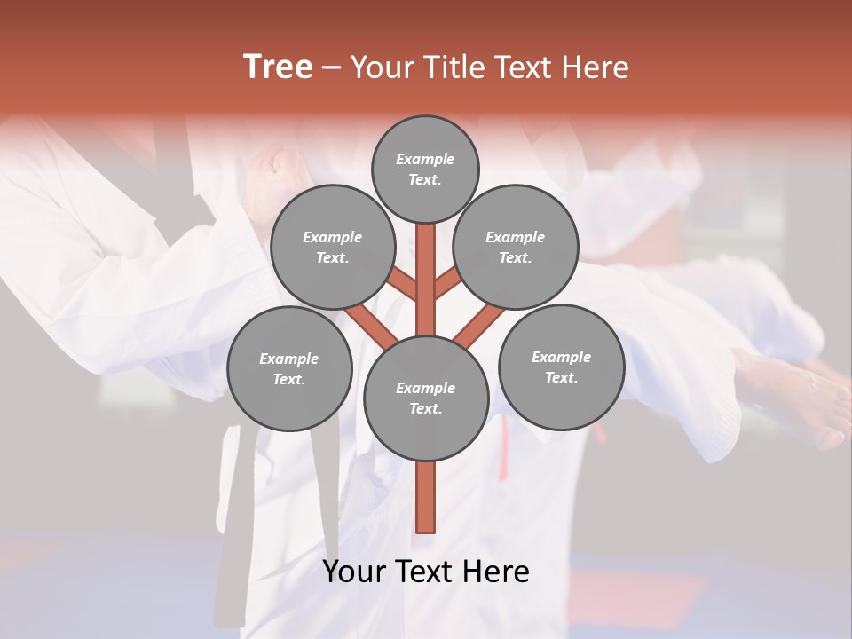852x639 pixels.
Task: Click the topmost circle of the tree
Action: (x=425, y=169)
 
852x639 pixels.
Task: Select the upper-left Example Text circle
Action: (x=332, y=247)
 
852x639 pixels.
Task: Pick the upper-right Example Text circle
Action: (x=515, y=247)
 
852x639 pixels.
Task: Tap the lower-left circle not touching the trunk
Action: (x=289, y=368)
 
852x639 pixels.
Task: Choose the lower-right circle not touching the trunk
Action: (x=561, y=367)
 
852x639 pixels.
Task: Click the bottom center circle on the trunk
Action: (x=425, y=398)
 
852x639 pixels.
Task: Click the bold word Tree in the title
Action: (x=278, y=67)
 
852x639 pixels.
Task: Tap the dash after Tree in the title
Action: (x=332, y=67)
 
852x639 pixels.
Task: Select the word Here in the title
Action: (x=596, y=67)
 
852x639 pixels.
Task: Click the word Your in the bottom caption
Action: (x=354, y=572)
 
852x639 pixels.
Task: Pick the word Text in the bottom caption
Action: (x=425, y=572)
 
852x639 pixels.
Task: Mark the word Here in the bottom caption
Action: (x=496, y=572)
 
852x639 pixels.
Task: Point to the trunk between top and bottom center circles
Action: (x=425, y=275)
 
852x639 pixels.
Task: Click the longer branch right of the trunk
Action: (x=479, y=323)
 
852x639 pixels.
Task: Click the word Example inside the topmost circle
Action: (x=425, y=159)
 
